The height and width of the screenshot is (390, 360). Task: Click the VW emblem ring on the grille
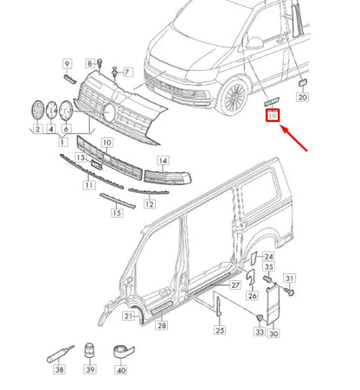(111, 112)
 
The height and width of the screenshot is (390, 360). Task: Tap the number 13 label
(80, 159)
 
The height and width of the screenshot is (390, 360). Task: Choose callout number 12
(149, 204)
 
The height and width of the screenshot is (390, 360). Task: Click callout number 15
(116, 213)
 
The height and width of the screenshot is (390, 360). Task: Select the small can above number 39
(89, 352)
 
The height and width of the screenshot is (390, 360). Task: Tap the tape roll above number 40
(119, 350)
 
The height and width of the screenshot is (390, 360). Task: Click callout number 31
(291, 278)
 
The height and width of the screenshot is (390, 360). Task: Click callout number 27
(235, 285)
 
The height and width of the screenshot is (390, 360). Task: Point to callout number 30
(273, 334)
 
